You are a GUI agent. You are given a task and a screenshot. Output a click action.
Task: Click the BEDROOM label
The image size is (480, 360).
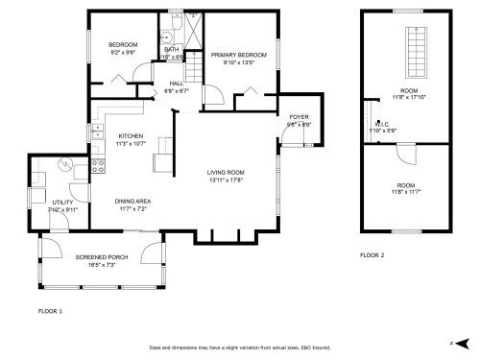click(x=123, y=45)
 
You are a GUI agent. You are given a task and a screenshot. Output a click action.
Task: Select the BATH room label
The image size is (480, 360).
click(x=172, y=49)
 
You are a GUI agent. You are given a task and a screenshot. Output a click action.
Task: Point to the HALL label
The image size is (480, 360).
click(x=149, y=84)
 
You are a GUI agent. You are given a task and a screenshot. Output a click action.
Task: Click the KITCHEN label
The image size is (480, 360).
click(x=131, y=136)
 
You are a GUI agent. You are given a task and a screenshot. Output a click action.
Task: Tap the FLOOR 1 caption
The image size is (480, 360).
click(x=50, y=312)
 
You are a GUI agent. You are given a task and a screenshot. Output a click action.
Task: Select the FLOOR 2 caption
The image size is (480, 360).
click(x=372, y=255)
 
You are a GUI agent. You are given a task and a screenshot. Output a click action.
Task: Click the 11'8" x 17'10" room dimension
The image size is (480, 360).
click(x=409, y=97)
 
